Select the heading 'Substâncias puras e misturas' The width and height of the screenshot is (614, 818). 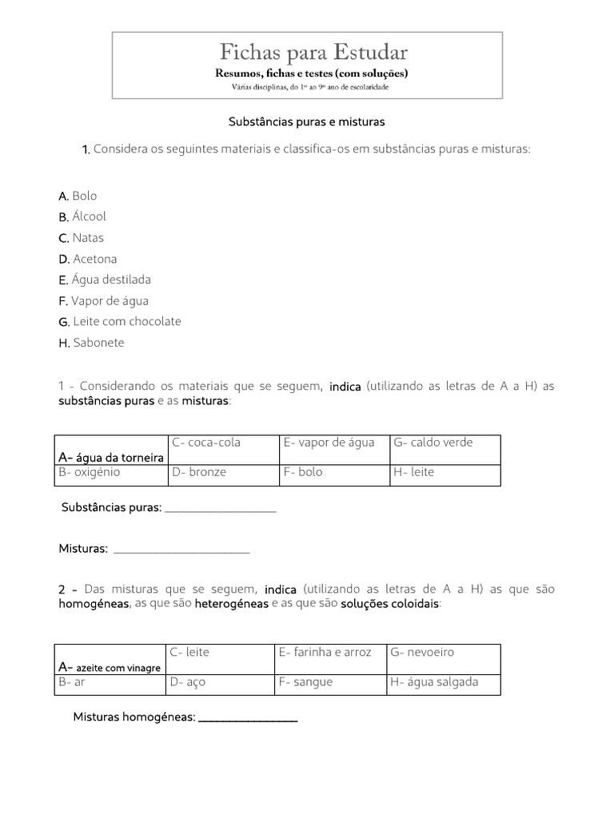click(x=307, y=122)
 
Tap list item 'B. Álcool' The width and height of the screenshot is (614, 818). click(x=82, y=216)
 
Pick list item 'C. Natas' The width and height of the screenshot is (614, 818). click(x=81, y=238)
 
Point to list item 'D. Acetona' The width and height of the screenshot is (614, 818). click(x=87, y=259)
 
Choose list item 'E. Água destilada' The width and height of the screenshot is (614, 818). click(x=105, y=280)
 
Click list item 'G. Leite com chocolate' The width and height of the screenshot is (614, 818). click(x=120, y=321)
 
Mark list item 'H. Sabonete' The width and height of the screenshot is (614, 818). click(x=91, y=343)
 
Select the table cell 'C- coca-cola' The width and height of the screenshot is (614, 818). click(x=205, y=443)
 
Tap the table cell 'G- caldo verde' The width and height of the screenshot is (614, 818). click(x=433, y=443)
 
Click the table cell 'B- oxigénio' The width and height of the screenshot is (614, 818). click(x=90, y=472)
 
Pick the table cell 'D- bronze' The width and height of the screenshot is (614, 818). click(x=198, y=472)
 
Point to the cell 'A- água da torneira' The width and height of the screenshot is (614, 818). click(x=111, y=457)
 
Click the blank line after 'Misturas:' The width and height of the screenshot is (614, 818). click(x=181, y=550)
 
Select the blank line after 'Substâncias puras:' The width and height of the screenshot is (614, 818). click(x=220, y=509)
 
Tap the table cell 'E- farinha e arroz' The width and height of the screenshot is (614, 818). click(x=325, y=652)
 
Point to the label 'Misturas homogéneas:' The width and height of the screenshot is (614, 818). click(x=134, y=717)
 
